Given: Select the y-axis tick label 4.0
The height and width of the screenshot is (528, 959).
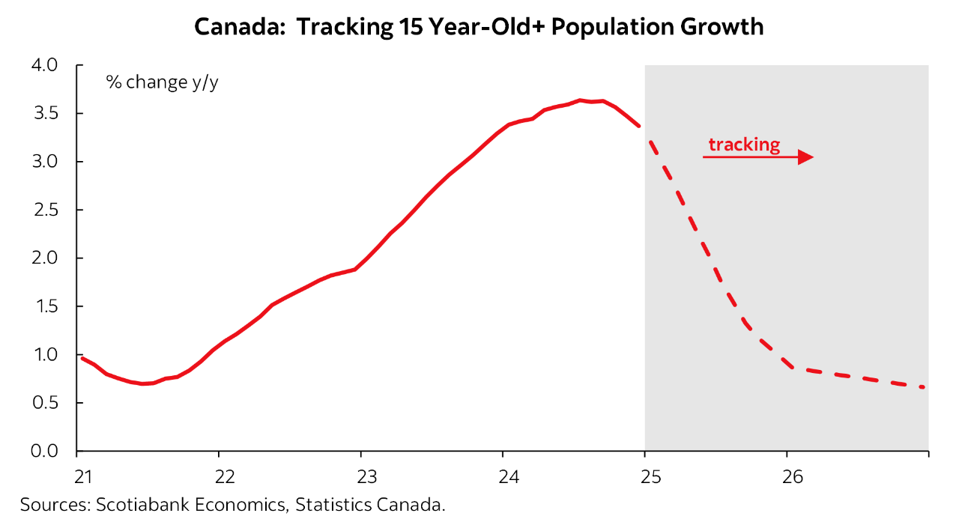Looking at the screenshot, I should pyautogui.click(x=44, y=65).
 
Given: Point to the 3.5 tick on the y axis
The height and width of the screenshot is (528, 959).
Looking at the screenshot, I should pyautogui.click(x=44, y=114).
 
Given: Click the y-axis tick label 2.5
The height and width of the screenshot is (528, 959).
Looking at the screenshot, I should pyautogui.click(x=44, y=210).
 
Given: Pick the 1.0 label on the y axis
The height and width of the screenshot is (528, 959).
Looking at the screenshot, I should pyautogui.click(x=44, y=355).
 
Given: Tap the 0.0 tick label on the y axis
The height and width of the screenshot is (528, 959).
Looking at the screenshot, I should pyautogui.click(x=44, y=451).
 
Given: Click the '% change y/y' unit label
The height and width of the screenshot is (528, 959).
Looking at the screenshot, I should pyautogui.click(x=162, y=82).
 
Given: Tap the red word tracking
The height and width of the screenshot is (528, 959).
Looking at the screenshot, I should pyautogui.click(x=743, y=144).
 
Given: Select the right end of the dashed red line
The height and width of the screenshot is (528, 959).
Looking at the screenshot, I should pyautogui.click(x=925, y=387).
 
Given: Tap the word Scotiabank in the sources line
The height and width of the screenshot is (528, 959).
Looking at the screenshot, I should pyautogui.click(x=141, y=505).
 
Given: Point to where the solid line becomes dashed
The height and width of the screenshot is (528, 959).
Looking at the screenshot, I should pyautogui.click(x=641, y=128).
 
